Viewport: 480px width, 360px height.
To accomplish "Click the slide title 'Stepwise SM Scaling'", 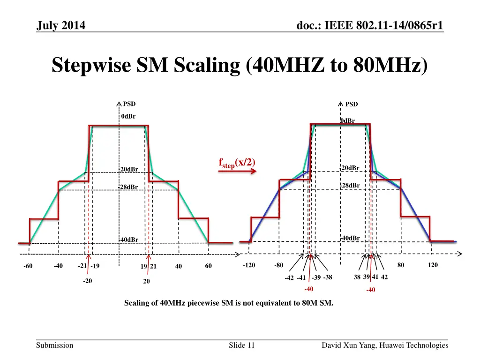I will pyautogui.click(x=240, y=65).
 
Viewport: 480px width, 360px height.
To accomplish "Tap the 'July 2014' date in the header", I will pyautogui.click(x=61, y=26).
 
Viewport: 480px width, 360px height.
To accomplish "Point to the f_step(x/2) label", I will pyautogui.click(x=237, y=163).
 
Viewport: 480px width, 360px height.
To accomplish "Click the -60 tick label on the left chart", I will pyautogui.click(x=28, y=267).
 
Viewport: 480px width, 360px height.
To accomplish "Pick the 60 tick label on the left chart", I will pyautogui.click(x=209, y=266).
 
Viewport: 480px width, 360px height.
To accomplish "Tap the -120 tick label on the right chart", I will pyautogui.click(x=249, y=265).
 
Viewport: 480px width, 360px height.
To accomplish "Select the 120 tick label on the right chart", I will pyautogui.click(x=433, y=265).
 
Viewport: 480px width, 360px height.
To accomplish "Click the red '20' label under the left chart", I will pyautogui.click(x=146, y=282).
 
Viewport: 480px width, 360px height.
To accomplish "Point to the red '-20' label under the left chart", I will pyautogui.click(x=87, y=281).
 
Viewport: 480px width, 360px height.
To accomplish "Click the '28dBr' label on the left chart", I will pyautogui.click(x=129, y=187).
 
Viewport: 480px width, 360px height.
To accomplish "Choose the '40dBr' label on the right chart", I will pyautogui.click(x=351, y=238).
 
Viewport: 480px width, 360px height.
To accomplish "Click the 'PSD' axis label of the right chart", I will pyautogui.click(x=352, y=105).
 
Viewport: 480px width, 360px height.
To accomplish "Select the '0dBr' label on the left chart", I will pyautogui.click(x=128, y=117).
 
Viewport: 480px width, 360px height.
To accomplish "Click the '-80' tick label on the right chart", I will pyautogui.click(x=278, y=265).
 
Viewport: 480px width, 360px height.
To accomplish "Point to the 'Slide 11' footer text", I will pyautogui.click(x=241, y=345).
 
